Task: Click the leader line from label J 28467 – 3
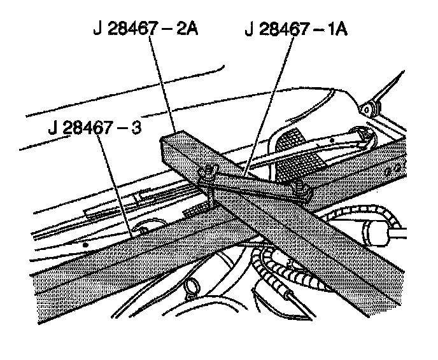coord(118,184)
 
